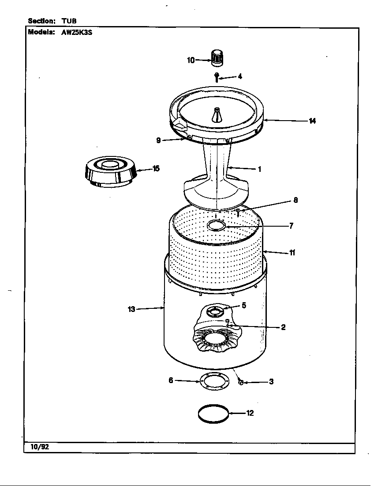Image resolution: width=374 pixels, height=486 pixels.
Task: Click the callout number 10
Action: tap(191, 61)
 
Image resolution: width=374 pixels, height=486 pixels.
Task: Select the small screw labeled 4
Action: tap(217, 77)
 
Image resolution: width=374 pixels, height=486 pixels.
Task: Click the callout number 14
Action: tap(312, 121)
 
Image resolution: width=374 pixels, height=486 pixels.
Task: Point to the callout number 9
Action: tap(158, 140)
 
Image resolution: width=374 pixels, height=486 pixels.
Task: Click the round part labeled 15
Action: tap(109, 171)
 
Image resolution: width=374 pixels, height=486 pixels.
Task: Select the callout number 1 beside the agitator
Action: tap(260, 169)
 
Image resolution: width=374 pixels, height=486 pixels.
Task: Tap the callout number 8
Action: tap(295, 200)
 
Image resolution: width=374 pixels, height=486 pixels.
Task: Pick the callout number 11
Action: tap(292, 253)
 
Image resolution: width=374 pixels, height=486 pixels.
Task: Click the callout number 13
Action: tap(131, 309)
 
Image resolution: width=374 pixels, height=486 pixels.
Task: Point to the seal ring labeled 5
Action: tap(215, 311)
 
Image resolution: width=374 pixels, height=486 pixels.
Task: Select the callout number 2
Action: tap(283, 327)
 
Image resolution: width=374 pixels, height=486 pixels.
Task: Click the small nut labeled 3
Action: tap(241, 382)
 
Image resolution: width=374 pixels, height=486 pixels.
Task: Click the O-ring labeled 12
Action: tap(213, 414)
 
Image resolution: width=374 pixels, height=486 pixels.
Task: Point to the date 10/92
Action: tap(40, 447)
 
